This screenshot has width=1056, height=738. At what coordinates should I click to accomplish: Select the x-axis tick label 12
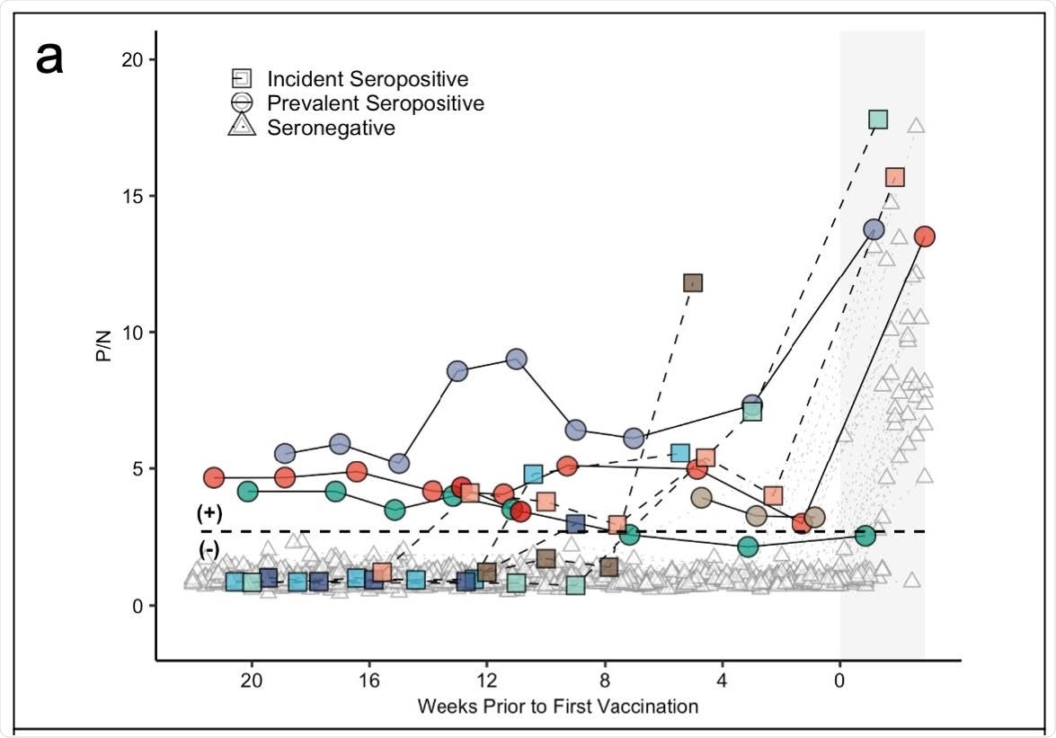[x=486, y=680]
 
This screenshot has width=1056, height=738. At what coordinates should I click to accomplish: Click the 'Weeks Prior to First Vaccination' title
[x=557, y=707]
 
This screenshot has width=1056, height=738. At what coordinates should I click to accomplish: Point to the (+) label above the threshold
[x=209, y=513]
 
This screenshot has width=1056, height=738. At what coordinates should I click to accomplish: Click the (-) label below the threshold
[x=209, y=549]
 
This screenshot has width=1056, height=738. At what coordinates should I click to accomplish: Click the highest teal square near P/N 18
[x=878, y=119]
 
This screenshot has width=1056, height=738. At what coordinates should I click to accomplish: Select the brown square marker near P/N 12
[x=692, y=283]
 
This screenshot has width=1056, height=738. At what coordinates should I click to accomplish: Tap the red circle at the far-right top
[x=924, y=236]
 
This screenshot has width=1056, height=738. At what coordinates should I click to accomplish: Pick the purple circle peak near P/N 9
[x=517, y=359]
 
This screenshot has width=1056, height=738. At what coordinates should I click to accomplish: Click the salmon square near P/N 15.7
[x=894, y=177]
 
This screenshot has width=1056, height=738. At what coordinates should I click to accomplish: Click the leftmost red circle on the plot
[x=214, y=477]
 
